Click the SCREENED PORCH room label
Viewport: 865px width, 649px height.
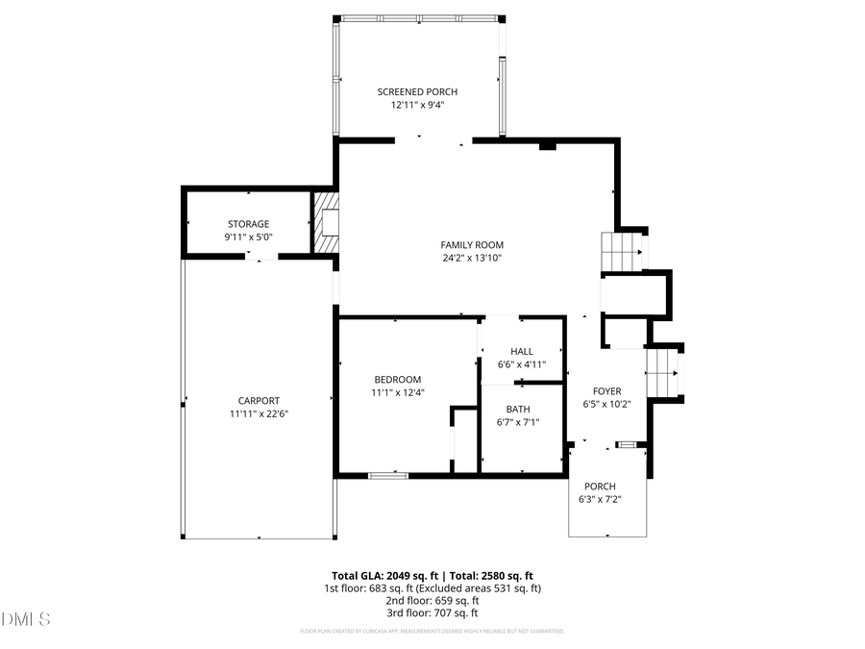(x=417, y=92)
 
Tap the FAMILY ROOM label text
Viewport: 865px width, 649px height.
(x=472, y=245)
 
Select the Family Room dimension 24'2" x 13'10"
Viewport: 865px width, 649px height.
(x=472, y=258)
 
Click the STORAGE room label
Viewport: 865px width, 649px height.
(x=248, y=224)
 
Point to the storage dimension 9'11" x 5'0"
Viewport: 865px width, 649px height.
(x=248, y=237)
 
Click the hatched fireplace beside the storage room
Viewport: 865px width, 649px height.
(x=328, y=223)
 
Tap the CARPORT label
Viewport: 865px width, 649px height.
(x=259, y=401)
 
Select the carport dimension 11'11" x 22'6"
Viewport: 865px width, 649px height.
(x=259, y=414)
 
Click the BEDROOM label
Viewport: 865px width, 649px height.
(x=397, y=380)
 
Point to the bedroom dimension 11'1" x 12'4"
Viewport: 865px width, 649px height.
(x=397, y=392)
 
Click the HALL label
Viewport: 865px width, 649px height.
(x=521, y=352)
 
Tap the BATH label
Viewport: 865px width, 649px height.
(x=517, y=409)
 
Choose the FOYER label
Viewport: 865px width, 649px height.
(x=606, y=391)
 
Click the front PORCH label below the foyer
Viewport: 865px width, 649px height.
(x=601, y=487)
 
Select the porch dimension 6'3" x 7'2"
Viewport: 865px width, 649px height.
(x=601, y=500)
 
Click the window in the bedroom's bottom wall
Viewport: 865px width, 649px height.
(x=387, y=475)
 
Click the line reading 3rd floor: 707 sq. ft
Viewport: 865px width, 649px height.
(x=432, y=612)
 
